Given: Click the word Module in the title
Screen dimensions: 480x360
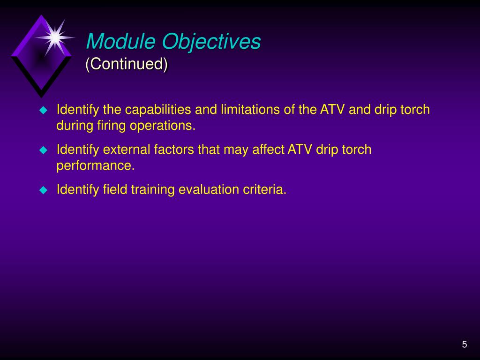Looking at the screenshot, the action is pyautogui.click(x=121, y=41).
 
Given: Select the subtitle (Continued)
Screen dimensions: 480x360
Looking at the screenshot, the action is pyautogui.click(x=127, y=64).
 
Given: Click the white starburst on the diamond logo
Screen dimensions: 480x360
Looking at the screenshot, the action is pyautogui.click(x=55, y=37).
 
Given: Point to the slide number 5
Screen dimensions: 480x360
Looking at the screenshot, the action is pyautogui.click(x=465, y=345).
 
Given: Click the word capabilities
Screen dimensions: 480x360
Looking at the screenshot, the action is pyautogui.click(x=158, y=110).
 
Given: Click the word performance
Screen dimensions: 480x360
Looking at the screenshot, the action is pyautogui.click(x=96, y=166).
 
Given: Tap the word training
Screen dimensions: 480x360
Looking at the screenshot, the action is pyautogui.click(x=153, y=190).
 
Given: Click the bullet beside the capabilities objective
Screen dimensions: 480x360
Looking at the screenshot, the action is pyautogui.click(x=44, y=110).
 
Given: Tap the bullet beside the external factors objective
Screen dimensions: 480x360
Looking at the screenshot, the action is pyautogui.click(x=44, y=150).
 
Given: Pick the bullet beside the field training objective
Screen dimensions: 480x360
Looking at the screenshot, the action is pyautogui.click(x=44, y=190).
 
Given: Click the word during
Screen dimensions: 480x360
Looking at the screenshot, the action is pyautogui.click(x=75, y=126).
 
